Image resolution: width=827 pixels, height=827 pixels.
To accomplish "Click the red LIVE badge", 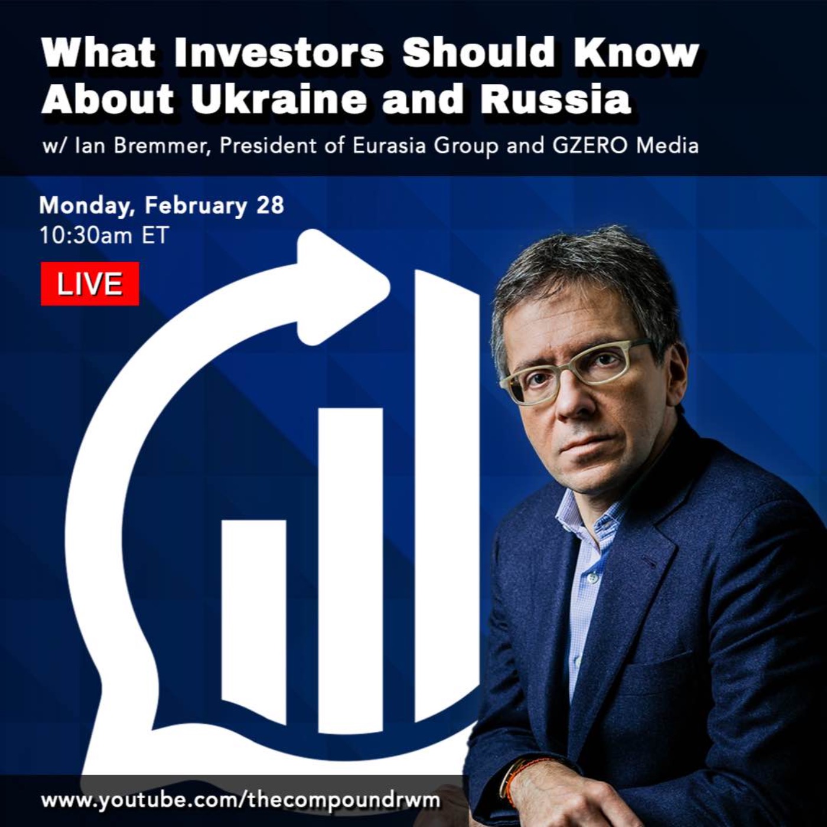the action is coord(90,284).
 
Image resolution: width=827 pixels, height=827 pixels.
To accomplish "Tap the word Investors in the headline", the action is coord(279,53).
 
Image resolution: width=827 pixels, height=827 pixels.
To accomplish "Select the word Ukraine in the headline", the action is coord(279,100).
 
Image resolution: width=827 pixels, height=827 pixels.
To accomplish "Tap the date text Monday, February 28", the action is coord(161,206).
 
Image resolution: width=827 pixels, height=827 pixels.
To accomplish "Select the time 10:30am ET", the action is coord(105,236).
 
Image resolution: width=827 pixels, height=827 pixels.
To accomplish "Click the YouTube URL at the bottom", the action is coord(241,800).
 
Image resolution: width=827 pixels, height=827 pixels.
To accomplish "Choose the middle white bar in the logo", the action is coord(350,571).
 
